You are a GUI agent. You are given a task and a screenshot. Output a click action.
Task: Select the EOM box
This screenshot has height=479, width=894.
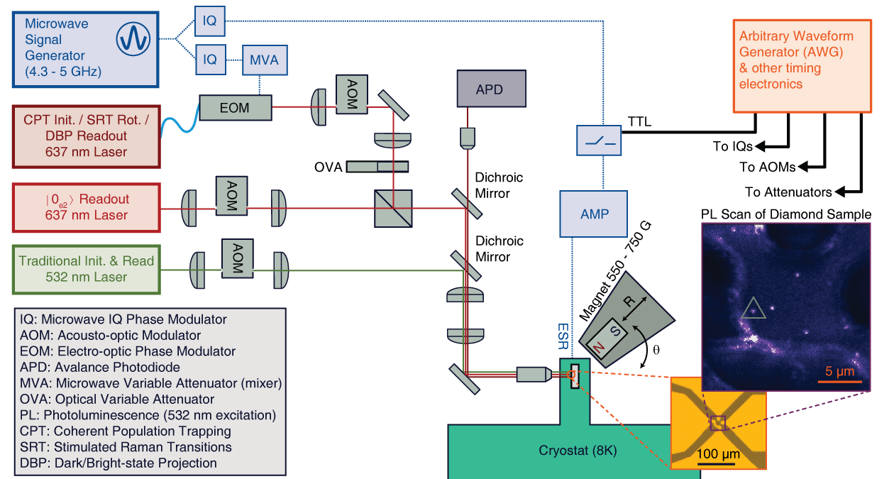(x=235, y=108)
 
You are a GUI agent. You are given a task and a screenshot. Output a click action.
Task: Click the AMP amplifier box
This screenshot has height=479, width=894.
(x=595, y=213)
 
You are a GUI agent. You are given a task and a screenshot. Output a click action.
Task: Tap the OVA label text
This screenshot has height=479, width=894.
(x=329, y=167)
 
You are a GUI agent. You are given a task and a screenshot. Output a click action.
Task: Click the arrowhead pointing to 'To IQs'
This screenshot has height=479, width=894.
(x=758, y=147)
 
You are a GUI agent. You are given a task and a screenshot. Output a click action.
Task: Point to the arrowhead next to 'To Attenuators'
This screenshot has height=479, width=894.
(x=839, y=191)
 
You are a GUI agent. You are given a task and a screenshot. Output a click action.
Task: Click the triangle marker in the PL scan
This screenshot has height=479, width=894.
(x=753, y=309)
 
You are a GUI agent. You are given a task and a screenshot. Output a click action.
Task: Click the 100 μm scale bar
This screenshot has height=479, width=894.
(x=718, y=463)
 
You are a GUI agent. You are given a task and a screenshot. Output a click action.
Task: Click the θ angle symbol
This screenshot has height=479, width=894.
(x=655, y=349)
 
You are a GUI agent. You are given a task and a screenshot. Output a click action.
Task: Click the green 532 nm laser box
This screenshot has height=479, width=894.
(x=87, y=269)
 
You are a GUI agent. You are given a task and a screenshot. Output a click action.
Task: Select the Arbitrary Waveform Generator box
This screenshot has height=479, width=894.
(x=802, y=65)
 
